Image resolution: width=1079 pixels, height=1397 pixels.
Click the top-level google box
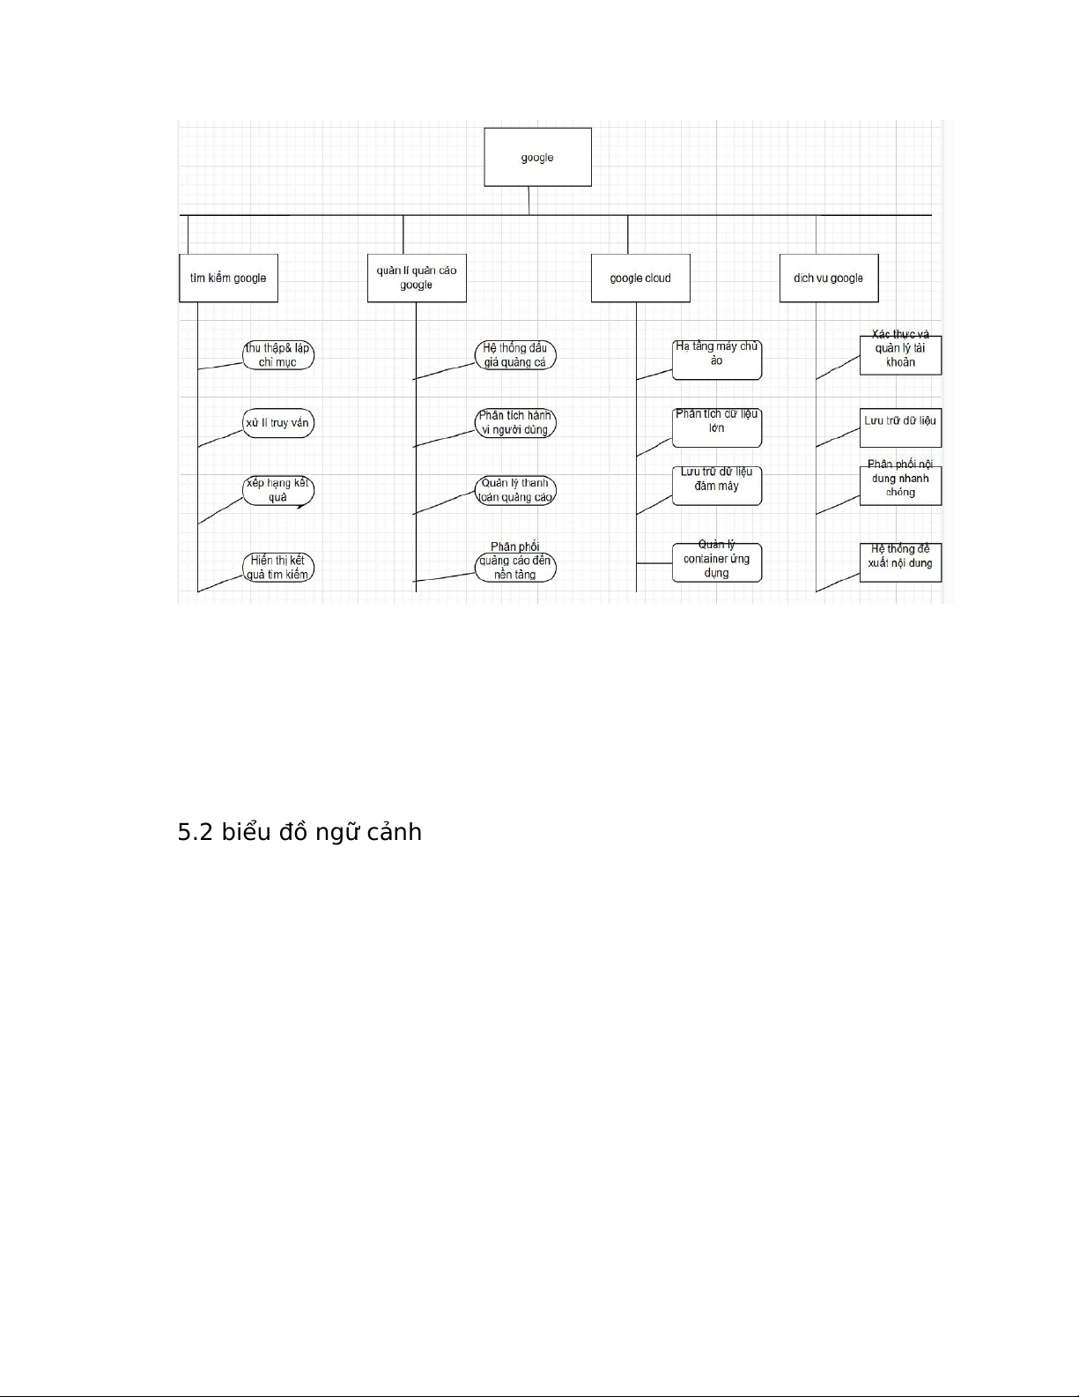[537, 157]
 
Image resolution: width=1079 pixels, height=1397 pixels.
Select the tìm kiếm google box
[229, 278]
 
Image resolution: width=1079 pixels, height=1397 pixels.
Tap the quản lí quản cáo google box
[417, 278]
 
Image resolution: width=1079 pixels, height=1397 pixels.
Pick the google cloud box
[640, 278]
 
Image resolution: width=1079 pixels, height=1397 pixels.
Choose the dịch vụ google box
[829, 278]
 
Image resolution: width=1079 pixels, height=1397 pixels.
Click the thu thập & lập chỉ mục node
[278, 355]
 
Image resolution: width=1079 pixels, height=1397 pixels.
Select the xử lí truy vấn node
[278, 422]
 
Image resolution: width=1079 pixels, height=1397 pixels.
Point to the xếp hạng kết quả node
[278, 491]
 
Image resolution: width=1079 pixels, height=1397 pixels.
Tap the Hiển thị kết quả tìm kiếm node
[278, 568]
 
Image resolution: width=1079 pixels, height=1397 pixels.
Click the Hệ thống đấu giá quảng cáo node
[515, 355]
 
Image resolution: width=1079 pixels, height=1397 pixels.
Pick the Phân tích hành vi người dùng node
[515, 422]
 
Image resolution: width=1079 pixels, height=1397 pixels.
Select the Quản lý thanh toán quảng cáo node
[515, 491]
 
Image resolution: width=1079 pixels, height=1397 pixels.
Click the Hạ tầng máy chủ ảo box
[717, 360]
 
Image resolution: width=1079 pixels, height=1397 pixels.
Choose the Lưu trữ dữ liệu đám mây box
[717, 486]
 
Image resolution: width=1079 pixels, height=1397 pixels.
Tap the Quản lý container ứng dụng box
[717, 562]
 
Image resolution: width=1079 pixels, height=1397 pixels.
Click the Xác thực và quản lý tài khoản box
[900, 355]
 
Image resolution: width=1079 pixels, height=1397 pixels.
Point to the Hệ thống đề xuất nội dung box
[900, 562]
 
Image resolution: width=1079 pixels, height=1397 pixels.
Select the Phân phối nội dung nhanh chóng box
[900, 486]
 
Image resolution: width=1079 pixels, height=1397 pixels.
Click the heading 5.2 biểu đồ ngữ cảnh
[299, 833]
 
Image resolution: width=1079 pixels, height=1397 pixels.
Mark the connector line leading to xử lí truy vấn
[220, 438]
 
